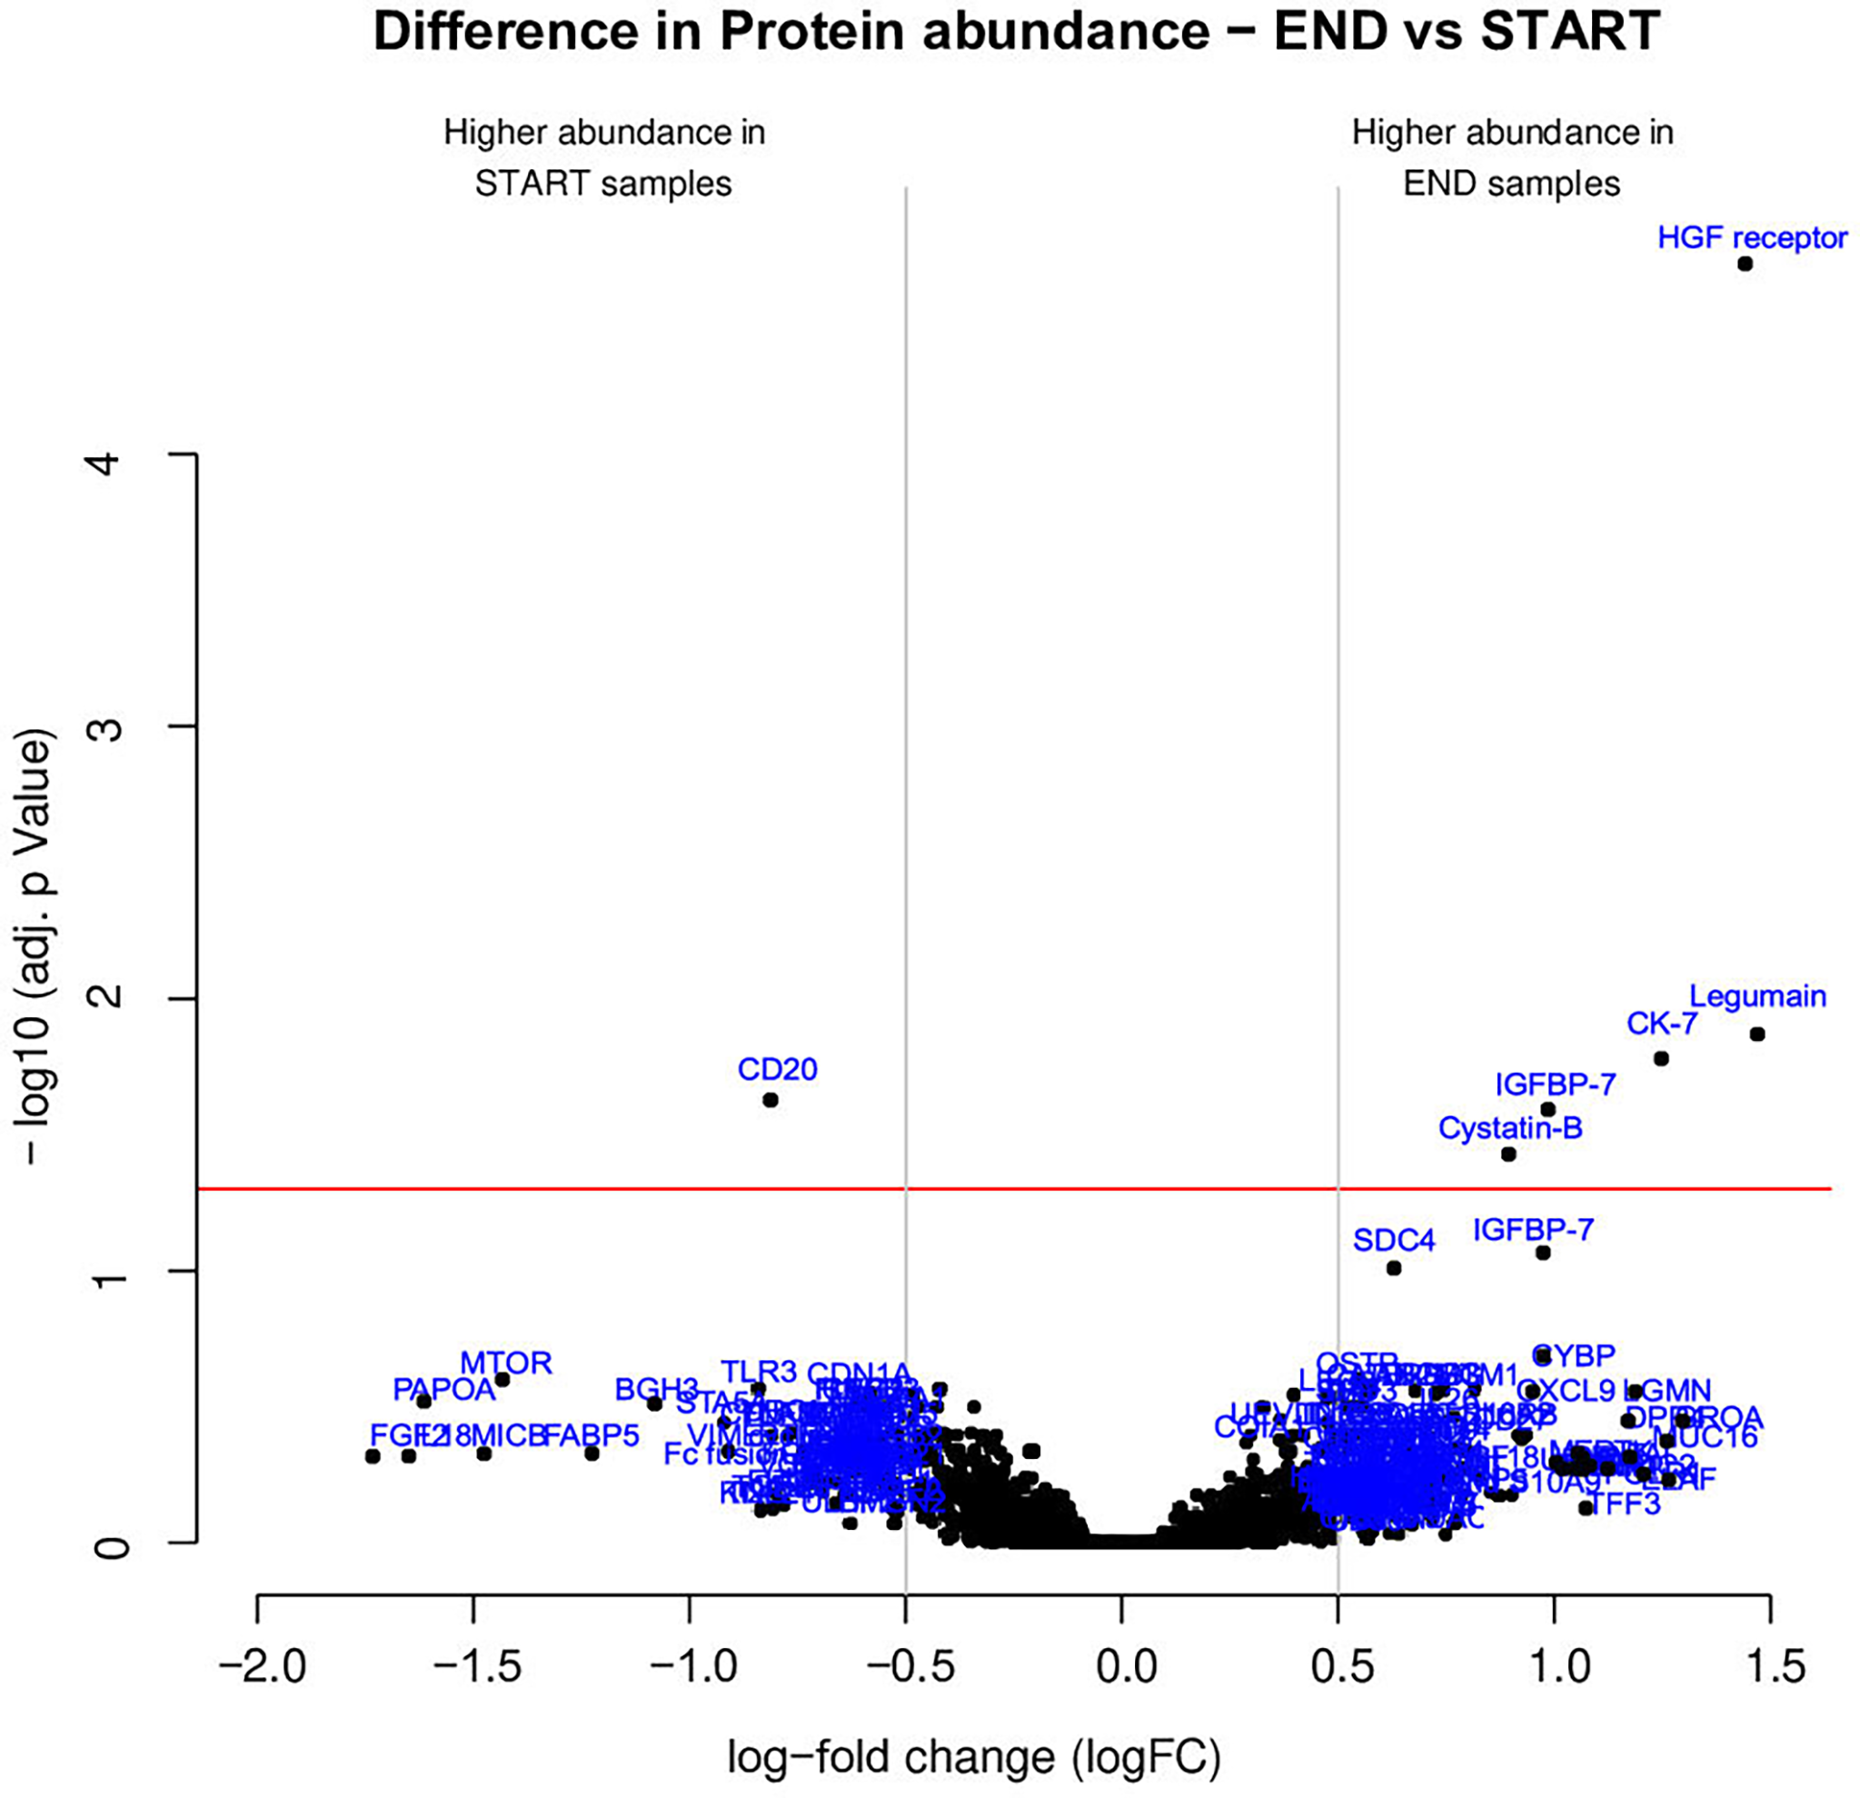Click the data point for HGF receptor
click(1745, 264)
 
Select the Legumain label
click(1757, 996)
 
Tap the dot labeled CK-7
click(1661, 1058)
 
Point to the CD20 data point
click(771, 1100)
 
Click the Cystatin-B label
click(1510, 1128)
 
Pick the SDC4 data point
click(1393, 1268)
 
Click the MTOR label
click(506, 1363)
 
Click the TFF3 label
click(1625, 1503)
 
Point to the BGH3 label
click(656, 1390)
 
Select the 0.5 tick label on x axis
click(1338, 1668)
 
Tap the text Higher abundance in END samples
click(1512, 157)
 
